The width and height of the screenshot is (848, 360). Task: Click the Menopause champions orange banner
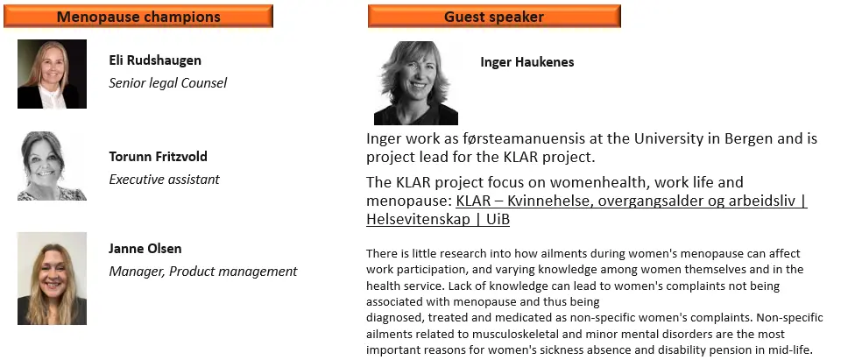coord(138,17)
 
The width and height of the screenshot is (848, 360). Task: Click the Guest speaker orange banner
coord(494,17)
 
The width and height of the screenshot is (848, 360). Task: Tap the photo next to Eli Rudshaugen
coord(52,74)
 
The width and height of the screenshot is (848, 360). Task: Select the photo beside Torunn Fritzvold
coord(52,166)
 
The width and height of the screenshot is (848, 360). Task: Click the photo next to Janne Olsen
coord(52,279)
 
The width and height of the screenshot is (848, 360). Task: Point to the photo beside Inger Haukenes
coord(416,83)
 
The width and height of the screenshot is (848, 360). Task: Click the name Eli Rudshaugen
coord(155,60)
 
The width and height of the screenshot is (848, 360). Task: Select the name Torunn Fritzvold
coord(158,157)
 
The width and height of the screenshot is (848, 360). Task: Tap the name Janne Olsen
coord(145,249)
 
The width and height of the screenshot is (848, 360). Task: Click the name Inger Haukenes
coord(527,62)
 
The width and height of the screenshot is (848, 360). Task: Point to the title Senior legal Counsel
coord(167,83)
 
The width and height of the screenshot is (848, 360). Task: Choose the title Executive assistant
coord(165,180)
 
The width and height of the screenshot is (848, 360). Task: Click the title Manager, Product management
coord(203,272)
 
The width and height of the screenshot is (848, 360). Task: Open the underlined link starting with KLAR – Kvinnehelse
coord(587,209)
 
